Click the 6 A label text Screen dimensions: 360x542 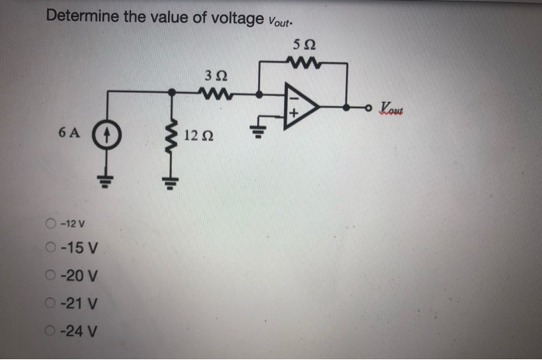pos(68,132)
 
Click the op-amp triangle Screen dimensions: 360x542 pos(300,106)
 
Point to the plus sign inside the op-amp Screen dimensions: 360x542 pos(292,117)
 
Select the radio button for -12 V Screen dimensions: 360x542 pos(50,225)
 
